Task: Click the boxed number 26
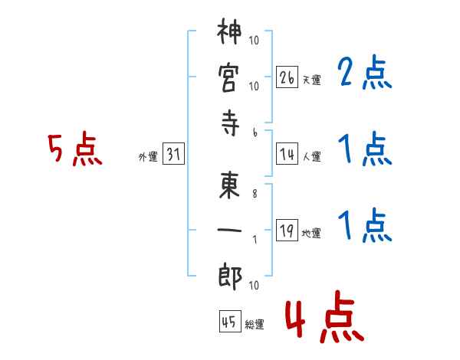[x=287, y=77]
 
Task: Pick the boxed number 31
[x=172, y=155]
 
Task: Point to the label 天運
[x=311, y=80]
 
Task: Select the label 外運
[x=147, y=157]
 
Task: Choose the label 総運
[x=255, y=324]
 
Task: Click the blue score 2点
[x=365, y=74]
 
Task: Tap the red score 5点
[x=74, y=150]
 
